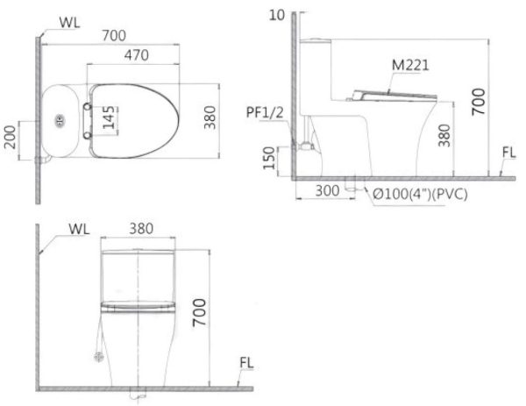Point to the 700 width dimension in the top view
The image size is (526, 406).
(x=112, y=35)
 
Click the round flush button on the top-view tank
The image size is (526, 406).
(x=60, y=119)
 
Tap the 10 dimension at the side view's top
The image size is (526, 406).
(x=278, y=15)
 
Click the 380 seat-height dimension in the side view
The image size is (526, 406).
(x=445, y=134)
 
